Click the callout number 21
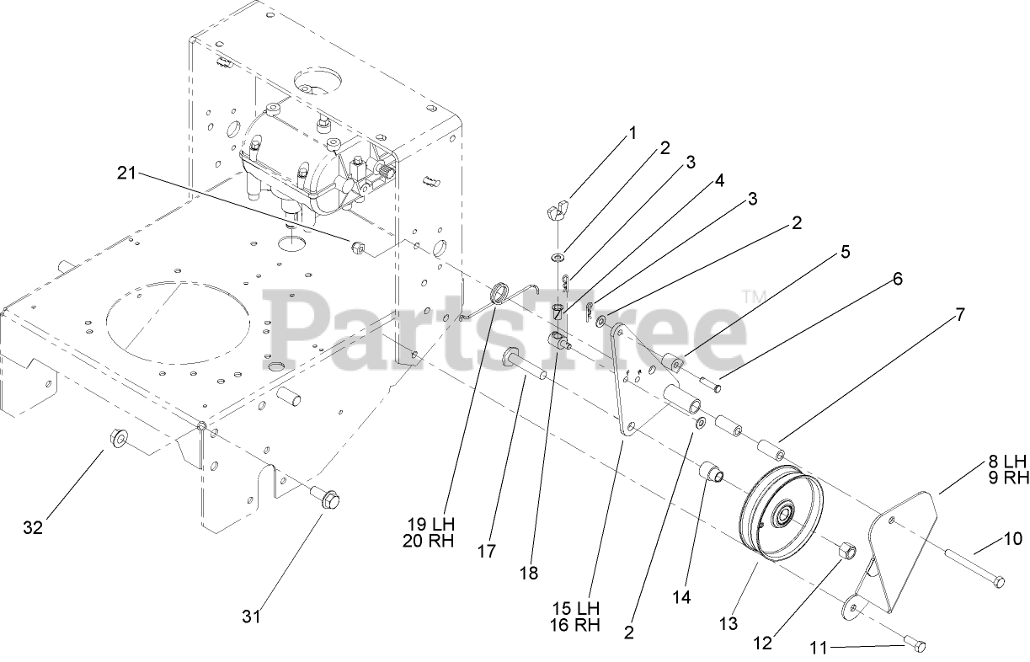point(125,173)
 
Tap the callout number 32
point(34,527)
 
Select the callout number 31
point(251,617)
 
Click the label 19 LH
point(429,523)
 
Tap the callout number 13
point(728,623)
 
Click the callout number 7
point(959,315)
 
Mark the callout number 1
point(632,132)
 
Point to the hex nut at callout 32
point(118,438)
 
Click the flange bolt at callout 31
point(326,497)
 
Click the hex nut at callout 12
point(846,552)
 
